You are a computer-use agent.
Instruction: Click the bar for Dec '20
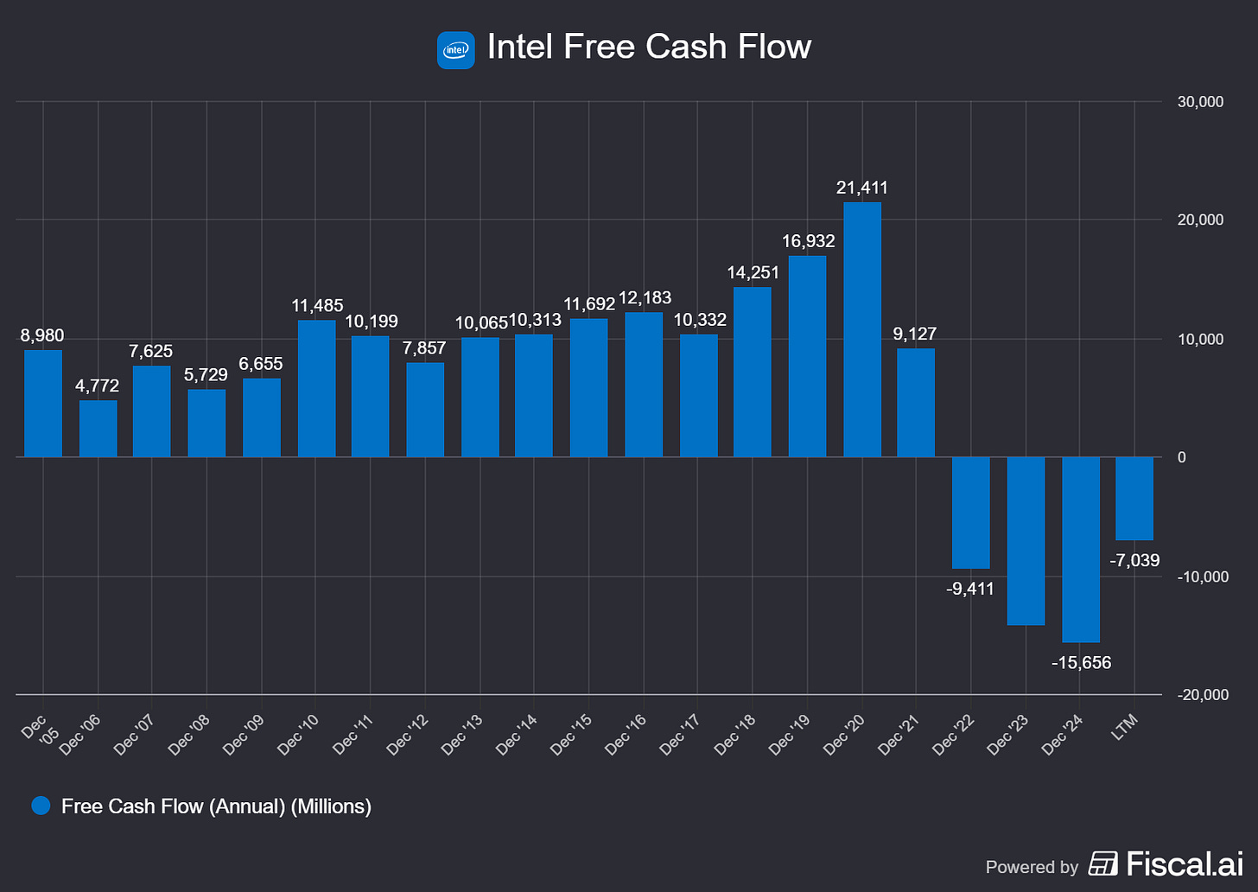coord(862,329)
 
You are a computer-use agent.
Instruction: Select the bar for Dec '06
coord(98,429)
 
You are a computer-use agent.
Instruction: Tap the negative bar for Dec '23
coord(1026,540)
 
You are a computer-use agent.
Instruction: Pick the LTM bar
coord(1134,498)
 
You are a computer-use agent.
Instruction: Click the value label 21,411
coord(862,188)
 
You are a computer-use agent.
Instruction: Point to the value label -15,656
coord(1081,663)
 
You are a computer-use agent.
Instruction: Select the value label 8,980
coord(42,335)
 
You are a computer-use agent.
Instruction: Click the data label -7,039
coord(1134,560)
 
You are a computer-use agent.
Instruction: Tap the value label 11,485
coord(317,305)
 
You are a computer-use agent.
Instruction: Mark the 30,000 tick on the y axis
coord(1200,101)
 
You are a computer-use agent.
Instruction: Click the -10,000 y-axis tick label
coord(1202,577)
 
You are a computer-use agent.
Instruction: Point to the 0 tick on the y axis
coord(1182,457)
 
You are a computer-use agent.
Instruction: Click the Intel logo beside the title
coord(455,50)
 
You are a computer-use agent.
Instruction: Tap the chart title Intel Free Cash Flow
coord(649,47)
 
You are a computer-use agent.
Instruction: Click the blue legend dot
coord(41,806)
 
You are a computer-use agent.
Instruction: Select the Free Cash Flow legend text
coord(216,806)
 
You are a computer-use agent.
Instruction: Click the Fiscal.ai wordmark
coord(1185,863)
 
